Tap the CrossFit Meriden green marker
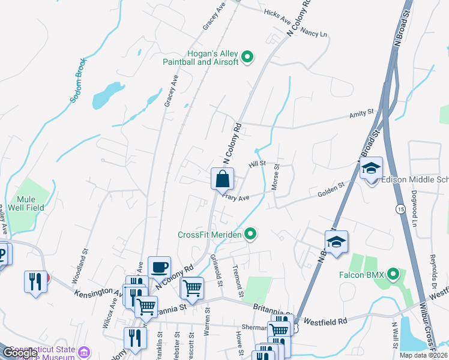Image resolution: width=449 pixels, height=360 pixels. coord(252,235)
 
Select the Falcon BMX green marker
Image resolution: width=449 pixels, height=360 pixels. coord(394,274)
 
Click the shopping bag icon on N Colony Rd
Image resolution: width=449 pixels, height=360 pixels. coord(222,179)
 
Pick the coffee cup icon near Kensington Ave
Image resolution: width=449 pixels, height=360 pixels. coord(160,267)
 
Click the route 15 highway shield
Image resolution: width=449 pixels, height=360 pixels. coord(399,209)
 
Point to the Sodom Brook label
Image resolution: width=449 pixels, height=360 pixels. coord(79,80)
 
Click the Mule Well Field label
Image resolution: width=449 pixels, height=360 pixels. coord(26,203)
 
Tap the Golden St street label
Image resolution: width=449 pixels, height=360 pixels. coord(331,190)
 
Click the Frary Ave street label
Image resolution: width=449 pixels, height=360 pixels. coord(235,196)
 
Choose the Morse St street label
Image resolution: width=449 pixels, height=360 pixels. coord(276,178)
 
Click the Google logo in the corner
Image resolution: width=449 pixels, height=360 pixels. coord(19,353)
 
